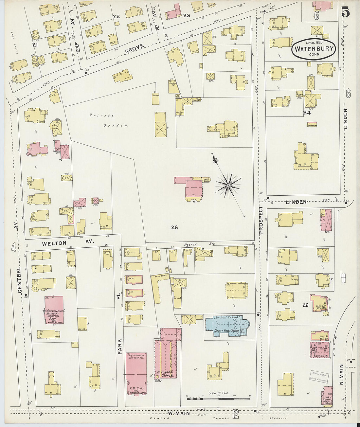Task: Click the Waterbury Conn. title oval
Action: (314, 49)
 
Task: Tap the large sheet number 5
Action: (345, 12)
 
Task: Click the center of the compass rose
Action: (227, 186)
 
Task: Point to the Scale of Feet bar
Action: (219, 398)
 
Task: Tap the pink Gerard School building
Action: (54, 310)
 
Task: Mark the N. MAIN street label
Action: (341, 374)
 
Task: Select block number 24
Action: (307, 113)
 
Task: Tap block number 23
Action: (187, 15)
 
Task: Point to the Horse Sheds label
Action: (159, 276)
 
